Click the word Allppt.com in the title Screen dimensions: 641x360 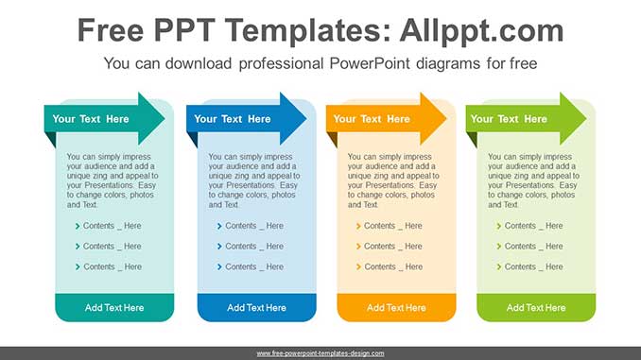coord(481,31)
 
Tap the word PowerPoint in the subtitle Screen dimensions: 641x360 coord(370,63)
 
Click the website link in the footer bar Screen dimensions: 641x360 coord(320,353)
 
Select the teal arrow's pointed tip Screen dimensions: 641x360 coord(165,119)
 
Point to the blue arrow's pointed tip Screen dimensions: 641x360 coord(306,119)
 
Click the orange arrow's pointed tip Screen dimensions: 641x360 coord(446,119)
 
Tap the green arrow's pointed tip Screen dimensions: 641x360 coord(586,119)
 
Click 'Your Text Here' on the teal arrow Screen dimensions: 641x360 coord(91,119)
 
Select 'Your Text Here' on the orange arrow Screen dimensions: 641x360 coord(372,119)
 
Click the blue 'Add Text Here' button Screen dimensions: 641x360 coord(257,308)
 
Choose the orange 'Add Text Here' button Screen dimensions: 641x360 coord(396,308)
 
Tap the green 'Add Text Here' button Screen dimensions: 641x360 coord(536,308)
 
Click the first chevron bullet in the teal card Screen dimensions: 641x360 coord(78,226)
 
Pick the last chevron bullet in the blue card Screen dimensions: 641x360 coord(219,266)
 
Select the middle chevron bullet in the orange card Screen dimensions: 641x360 coord(358,247)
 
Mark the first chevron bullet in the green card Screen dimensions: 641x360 coord(499,226)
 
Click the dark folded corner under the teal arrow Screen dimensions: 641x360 coord(52,138)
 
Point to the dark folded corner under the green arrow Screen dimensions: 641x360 coord(474,138)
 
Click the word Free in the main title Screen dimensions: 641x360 coord(111,30)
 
